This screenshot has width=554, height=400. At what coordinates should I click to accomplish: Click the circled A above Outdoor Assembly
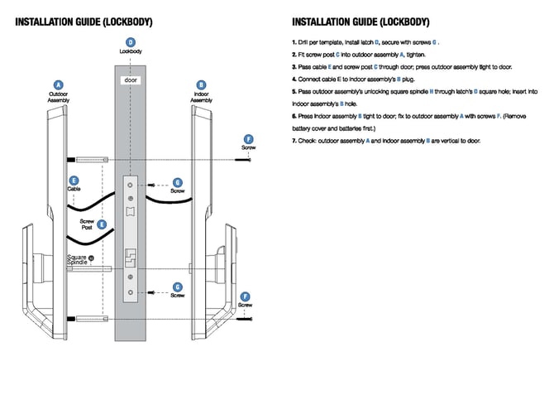(59, 84)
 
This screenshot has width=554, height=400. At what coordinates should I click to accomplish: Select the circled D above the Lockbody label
(130, 42)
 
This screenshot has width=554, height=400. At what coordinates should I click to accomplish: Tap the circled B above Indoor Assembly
(201, 84)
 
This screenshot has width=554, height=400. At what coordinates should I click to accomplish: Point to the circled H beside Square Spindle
(91, 258)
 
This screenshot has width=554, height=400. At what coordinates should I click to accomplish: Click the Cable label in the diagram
(74, 189)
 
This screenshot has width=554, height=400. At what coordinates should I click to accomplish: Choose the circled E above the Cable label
(74, 181)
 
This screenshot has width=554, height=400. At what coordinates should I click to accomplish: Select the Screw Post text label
(87, 224)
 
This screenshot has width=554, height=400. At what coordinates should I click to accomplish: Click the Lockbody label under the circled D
(130, 51)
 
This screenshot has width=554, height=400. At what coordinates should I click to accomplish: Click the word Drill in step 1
(308, 41)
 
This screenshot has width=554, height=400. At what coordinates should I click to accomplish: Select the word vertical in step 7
(443, 141)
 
